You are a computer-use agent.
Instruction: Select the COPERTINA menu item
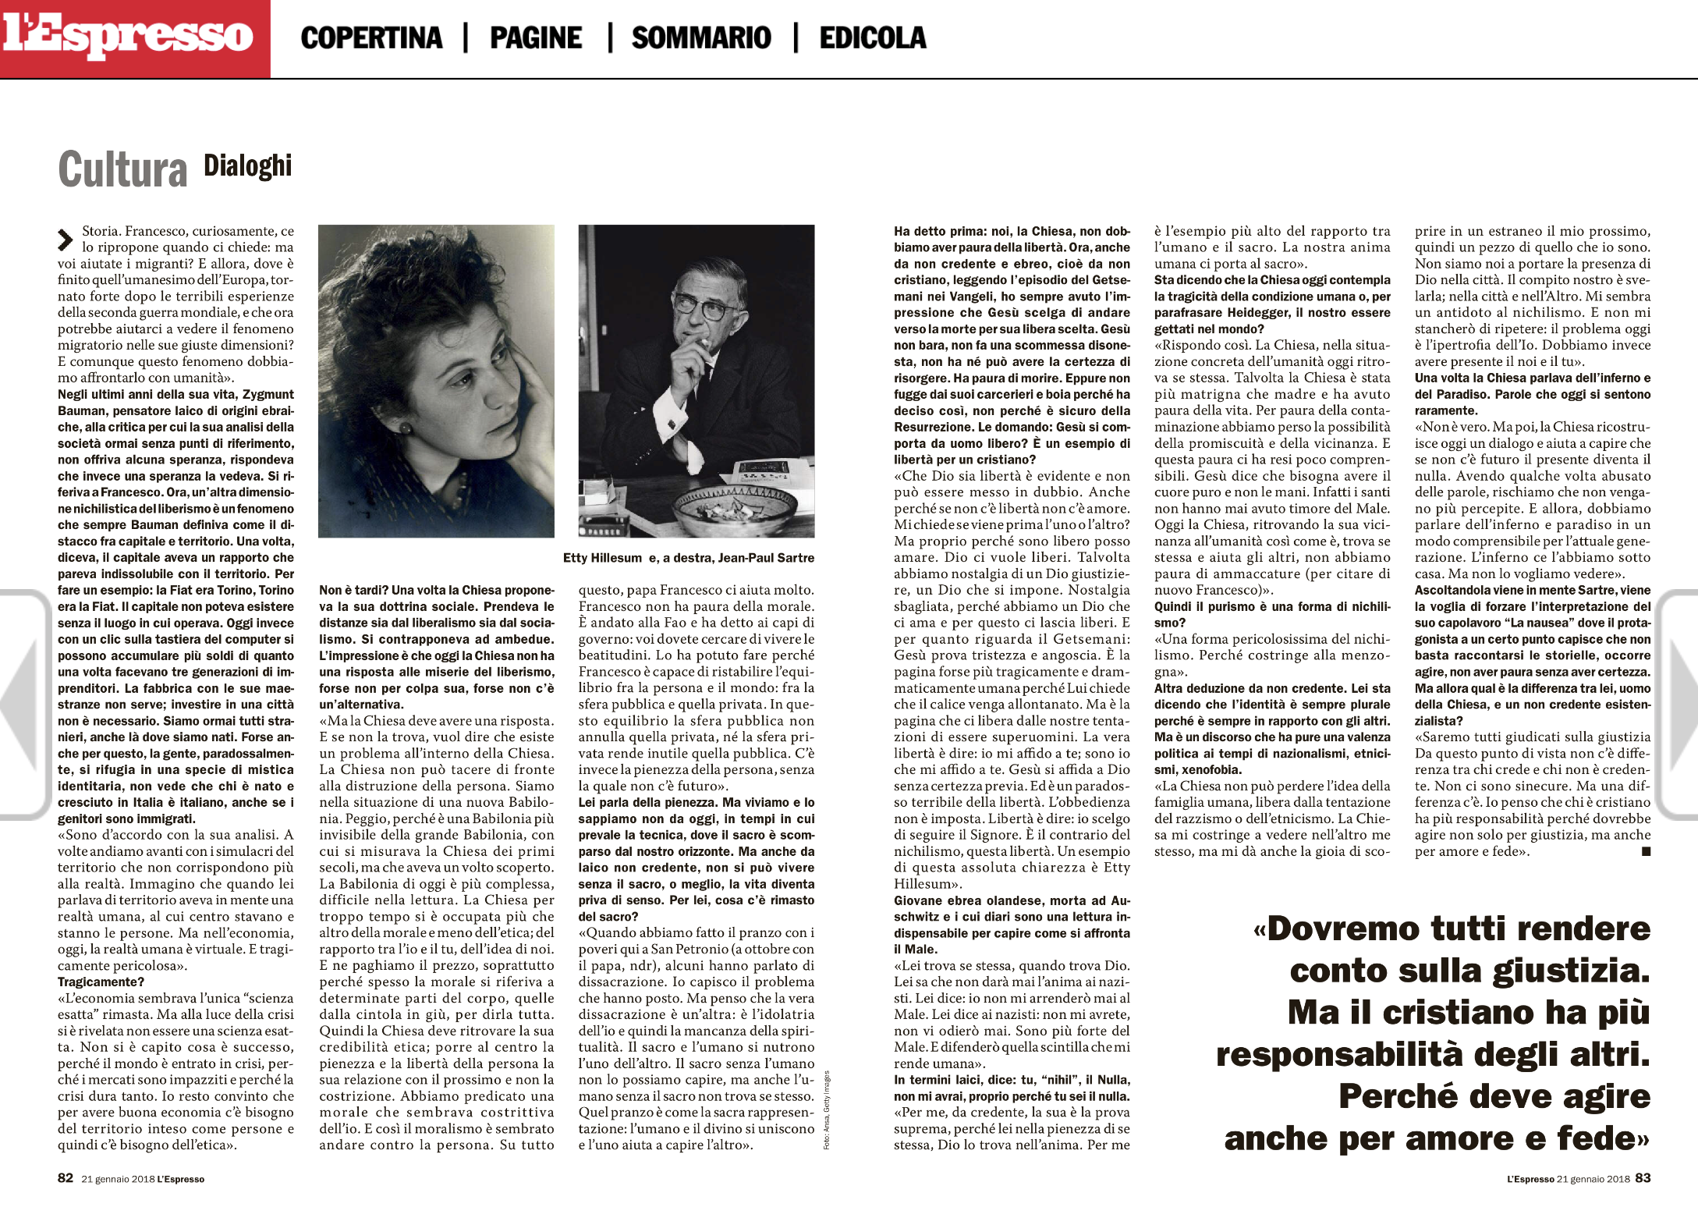pos(371,37)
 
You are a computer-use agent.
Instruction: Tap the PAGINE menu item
pos(536,37)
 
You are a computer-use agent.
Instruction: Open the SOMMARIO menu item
pos(701,37)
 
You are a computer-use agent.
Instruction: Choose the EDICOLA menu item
pos(873,37)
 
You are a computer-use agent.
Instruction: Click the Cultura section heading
pos(123,169)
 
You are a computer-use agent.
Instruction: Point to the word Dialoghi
pos(248,165)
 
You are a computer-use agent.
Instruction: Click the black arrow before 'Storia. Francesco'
pos(66,240)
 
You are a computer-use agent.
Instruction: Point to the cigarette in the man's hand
pos(704,344)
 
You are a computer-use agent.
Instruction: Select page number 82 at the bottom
pos(66,1178)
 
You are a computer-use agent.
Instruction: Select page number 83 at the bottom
pos(1643,1178)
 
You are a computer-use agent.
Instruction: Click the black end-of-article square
pos(1646,852)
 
